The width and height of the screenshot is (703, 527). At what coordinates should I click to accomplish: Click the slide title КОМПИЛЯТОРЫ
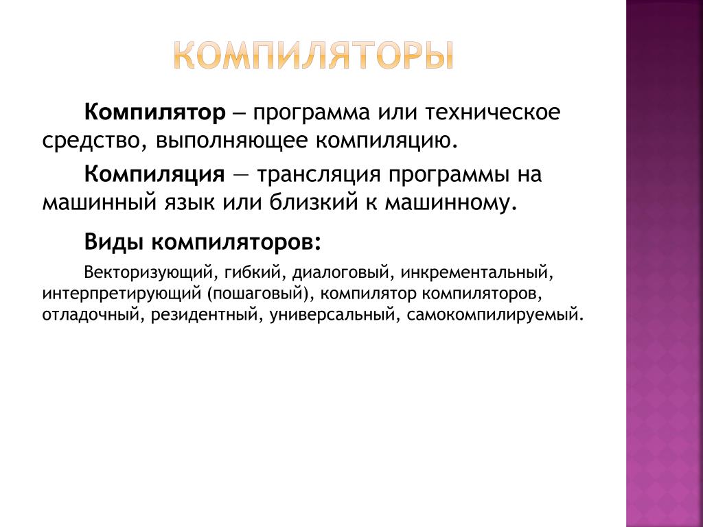[314, 55]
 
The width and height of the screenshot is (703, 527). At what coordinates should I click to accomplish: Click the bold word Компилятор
[155, 113]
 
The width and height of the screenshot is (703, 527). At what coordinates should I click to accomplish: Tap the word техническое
[492, 112]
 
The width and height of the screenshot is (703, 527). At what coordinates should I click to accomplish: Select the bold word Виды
[115, 242]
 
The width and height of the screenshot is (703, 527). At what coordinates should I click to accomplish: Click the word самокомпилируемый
[493, 314]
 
